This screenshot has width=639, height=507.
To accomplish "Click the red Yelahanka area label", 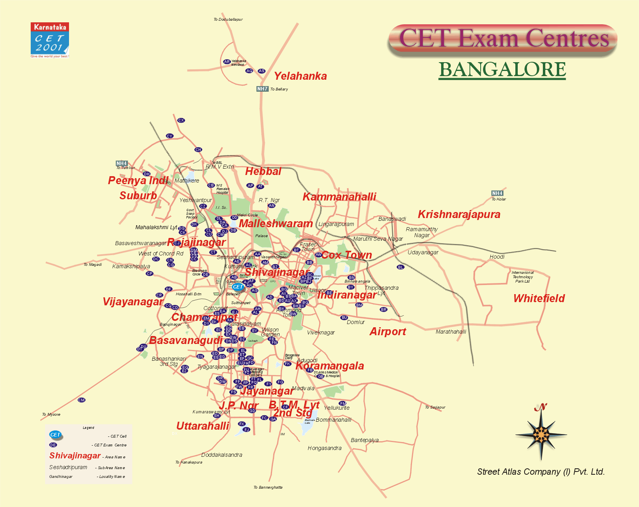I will pyautogui.click(x=300, y=76).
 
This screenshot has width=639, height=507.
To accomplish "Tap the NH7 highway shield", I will pyautogui.click(x=262, y=89).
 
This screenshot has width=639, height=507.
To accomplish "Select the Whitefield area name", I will pyautogui.click(x=539, y=299).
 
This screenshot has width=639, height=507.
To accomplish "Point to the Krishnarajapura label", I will pyautogui.click(x=459, y=214).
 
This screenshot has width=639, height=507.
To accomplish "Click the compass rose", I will pyautogui.click(x=541, y=434).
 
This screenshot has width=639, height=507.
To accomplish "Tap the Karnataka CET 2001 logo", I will pyautogui.click(x=50, y=40).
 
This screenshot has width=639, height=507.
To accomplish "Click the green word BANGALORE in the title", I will pyautogui.click(x=502, y=70).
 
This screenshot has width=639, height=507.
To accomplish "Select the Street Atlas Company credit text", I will pyautogui.click(x=541, y=472).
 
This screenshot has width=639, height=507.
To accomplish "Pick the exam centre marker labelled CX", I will pyautogui.click(x=181, y=120).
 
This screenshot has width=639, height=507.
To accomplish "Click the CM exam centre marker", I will pyautogui.click(x=81, y=400).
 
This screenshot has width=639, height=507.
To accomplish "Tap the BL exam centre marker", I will pyautogui.click(x=401, y=267).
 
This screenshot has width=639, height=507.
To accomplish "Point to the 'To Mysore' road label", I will pyautogui.click(x=51, y=415).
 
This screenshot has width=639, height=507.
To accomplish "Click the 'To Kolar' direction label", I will pyautogui.click(x=499, y=199).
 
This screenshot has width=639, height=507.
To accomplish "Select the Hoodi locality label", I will pyautogui.click(x=497, y=257).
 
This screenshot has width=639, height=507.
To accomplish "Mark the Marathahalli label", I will pyautogui.click(x=451, y=332).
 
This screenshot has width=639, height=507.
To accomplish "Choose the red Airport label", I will pyautogui.click(x=388, y=332).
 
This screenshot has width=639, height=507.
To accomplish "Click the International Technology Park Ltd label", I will pyautogui.click(x=523, y=277).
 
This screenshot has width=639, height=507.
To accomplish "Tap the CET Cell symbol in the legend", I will pyautogui.click(x=55, y=435).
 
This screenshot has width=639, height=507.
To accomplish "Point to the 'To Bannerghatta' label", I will pyautogui.click(x=268, y=487).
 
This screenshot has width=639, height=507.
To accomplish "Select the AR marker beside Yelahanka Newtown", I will pyautogui.click(x=227, y=62).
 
